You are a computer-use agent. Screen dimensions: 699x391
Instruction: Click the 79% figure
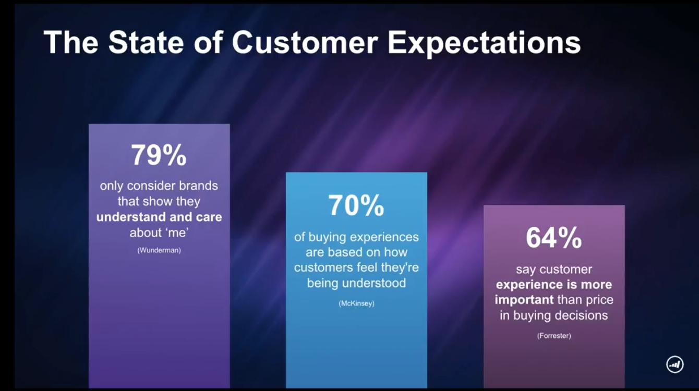pyautogui.click(x=159, y=155)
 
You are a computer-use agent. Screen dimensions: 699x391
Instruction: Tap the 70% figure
pyautogui.click(x=356, y=205)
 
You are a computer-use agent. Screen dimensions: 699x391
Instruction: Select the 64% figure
pyautogui.click(x=554, y=238)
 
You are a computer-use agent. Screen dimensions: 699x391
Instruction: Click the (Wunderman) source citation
pyautogui.click(x=159, y=250)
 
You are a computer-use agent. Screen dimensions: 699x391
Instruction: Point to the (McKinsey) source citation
pyautogui.click(x=356, y=303)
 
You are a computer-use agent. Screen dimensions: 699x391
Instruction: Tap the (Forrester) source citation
pyautogui.click(x=554, y=336)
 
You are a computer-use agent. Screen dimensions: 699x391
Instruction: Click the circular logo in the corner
pyautogui.click(x=674, y=364)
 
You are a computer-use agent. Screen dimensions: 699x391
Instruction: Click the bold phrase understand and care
pyautogui.click(x=159, y=217)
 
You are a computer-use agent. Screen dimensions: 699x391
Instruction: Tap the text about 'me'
pyautogui.click(x=159, y=233)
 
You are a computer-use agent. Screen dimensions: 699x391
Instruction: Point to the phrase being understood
pyautogui.click(x=356, y=283)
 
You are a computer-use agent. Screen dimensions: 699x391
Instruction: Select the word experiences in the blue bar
pyautogui.click(x=384, y=238)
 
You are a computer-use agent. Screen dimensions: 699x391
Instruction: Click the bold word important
pyautogui.click(x=524, y=300)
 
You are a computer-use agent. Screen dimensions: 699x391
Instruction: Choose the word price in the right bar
pyautogui.click(x=599, y=300)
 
